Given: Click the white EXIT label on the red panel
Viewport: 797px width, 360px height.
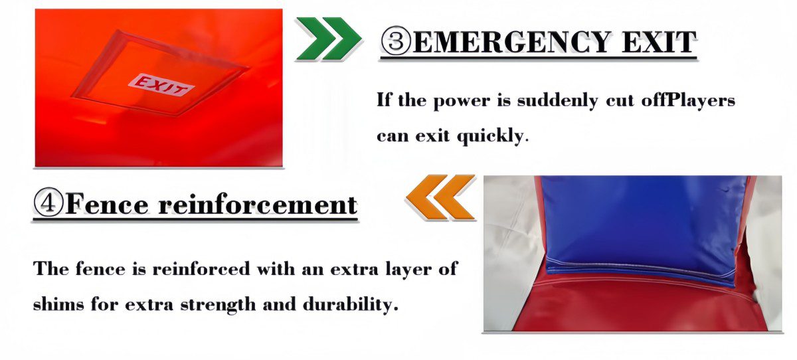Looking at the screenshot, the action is pos(161,85).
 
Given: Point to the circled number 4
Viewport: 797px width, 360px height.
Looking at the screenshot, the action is pos(48,202).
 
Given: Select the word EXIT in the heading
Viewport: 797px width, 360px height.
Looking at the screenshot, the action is pos(660,42).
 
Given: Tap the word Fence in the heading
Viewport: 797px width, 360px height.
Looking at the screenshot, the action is pos(107,204).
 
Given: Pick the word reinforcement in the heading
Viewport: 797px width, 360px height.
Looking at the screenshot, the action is pos(258,204).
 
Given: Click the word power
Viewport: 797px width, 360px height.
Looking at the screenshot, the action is pos(462,101).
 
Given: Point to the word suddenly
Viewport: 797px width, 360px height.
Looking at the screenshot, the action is pos(557,100).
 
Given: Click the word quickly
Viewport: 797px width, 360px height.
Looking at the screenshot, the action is pos(492,136).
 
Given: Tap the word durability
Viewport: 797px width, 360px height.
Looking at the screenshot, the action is pos(350,304).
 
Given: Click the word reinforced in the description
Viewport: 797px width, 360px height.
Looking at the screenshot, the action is pos(201,268).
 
